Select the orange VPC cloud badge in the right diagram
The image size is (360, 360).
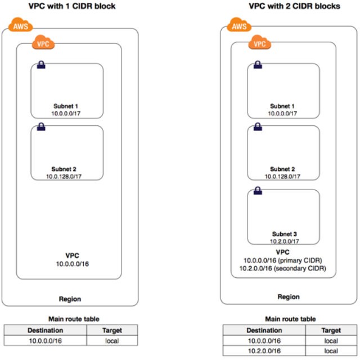coord(258,42)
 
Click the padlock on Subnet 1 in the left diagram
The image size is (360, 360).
coord(40,65)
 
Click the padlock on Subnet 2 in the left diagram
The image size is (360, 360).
coord(40,128)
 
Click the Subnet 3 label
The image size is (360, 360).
coord(283,233)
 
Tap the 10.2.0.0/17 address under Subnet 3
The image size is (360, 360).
coord(283,241)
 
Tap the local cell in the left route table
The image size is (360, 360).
coord(113,341)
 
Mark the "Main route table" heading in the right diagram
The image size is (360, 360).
coord(290,319)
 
